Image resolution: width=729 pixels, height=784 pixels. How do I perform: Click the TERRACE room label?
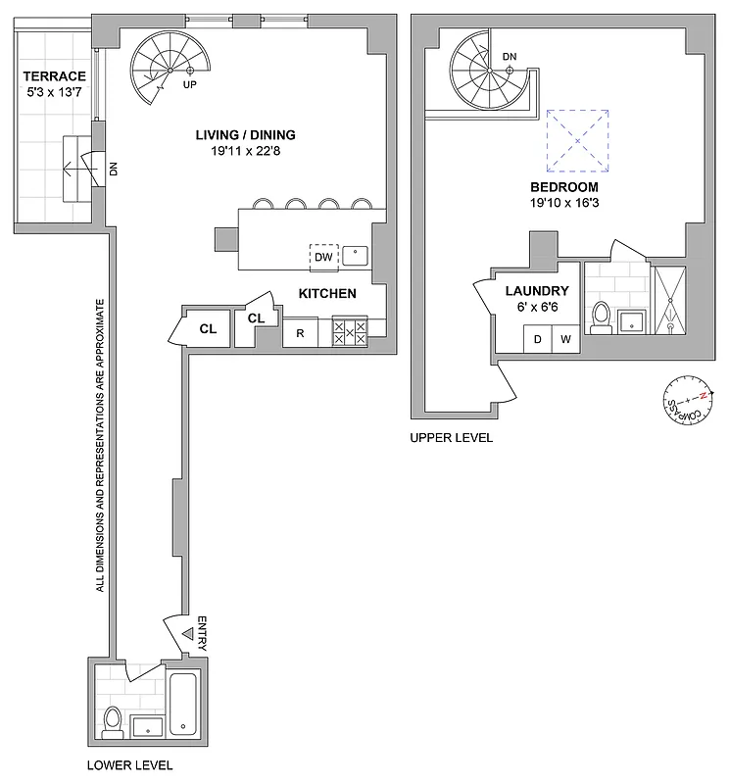point(56,76)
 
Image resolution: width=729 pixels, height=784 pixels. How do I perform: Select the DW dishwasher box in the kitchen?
point(323,258)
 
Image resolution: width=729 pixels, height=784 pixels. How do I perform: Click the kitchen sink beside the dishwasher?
point(356,257)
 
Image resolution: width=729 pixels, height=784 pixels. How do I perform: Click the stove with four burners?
point(350,330)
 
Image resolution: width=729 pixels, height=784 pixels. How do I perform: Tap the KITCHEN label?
point(326,293)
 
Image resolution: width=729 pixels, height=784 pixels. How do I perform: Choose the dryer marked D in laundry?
point(538,339)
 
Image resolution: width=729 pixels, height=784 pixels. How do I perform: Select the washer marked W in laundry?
point(564,339)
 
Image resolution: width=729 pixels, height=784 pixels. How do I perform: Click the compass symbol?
point(686,401)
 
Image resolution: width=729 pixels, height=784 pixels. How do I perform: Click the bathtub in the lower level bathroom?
point(184,703)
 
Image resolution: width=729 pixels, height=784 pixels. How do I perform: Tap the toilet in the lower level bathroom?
point(112,720)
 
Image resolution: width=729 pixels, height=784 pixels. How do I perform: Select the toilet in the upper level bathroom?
point(602,316)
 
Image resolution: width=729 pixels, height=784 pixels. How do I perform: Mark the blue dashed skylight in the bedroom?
point(578,141)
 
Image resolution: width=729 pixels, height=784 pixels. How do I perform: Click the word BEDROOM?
point(564,186)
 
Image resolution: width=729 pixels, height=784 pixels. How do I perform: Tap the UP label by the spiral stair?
point(189,85)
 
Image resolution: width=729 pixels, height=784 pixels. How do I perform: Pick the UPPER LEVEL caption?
point(452,438)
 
